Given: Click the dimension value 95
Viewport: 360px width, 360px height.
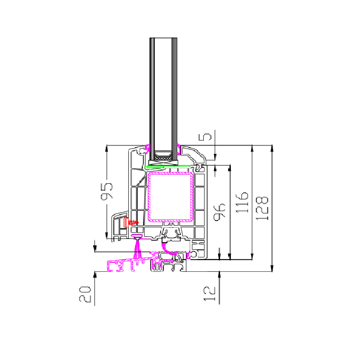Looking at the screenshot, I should click(107, 192).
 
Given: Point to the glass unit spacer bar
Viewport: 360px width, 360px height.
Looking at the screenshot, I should click(163, 157).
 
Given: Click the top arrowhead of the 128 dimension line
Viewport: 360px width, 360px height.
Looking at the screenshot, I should click(272, 147).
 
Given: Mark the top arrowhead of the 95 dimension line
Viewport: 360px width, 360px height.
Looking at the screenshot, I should click(106, 148).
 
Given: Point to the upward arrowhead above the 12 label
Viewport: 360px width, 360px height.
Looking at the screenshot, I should click(219, 274).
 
